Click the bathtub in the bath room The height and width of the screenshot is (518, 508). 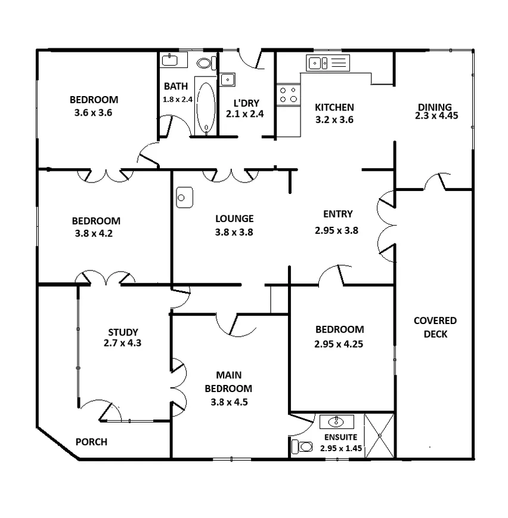point(206,106)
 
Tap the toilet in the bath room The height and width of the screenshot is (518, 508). point(205,62)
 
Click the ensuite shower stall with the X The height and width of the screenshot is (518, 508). point(379,435)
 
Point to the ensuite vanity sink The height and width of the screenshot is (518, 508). point(337,422)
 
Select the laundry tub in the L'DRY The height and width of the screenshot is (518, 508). point(227,79)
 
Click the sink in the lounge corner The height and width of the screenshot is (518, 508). point(185,198)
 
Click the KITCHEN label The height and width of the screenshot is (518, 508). point(334,107)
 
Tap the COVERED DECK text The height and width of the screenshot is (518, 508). point(435,327)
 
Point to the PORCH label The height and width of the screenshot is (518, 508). point(91,442)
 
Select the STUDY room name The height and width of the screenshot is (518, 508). point(123,332)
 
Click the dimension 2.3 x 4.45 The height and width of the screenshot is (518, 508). point(436,116)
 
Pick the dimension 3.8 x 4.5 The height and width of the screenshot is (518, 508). point(228,402)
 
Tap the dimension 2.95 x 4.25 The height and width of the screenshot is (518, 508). point(339,343)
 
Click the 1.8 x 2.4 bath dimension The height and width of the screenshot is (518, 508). point(177,99)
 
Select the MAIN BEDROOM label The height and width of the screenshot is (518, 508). point(229,381)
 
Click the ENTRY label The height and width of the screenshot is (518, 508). point(337,214)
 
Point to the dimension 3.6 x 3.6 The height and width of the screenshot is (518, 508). point(93,112)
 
